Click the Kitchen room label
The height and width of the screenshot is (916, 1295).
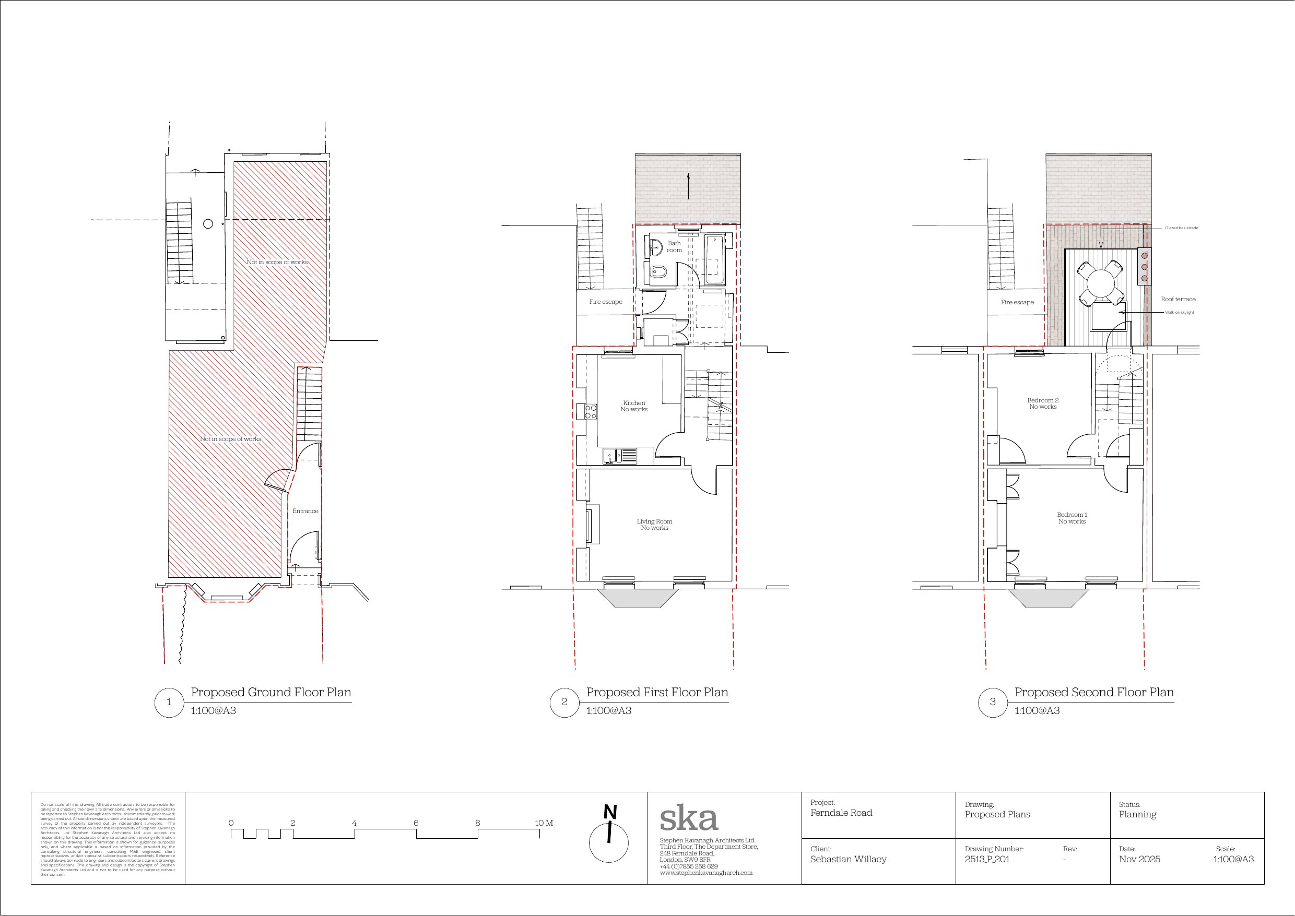click(634, 406)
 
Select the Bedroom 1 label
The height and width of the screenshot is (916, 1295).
click(1072, 518)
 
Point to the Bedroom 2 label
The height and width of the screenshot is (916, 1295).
click(1043, 403)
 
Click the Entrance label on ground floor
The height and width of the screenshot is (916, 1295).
click(305, 511)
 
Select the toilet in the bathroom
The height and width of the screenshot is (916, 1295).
click(657, 273)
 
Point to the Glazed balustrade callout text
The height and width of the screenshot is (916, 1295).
click(1182, 228)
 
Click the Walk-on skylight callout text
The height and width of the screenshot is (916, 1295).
click(1179, 313)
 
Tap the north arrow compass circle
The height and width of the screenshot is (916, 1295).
click(608, 843)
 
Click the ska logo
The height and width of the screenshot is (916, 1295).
click(688, 818)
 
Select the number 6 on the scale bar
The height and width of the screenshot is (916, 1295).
click(416, 823)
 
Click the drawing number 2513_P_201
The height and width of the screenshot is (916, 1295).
click(987, 859)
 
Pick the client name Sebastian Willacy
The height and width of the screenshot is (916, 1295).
click(848, 859)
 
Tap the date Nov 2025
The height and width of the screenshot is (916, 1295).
click(1139, 859)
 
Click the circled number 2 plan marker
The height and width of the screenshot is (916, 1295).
click(564, 702)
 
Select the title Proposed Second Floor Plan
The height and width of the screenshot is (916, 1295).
click(1093, 692)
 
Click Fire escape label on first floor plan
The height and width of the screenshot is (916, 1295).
click(605, 302)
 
